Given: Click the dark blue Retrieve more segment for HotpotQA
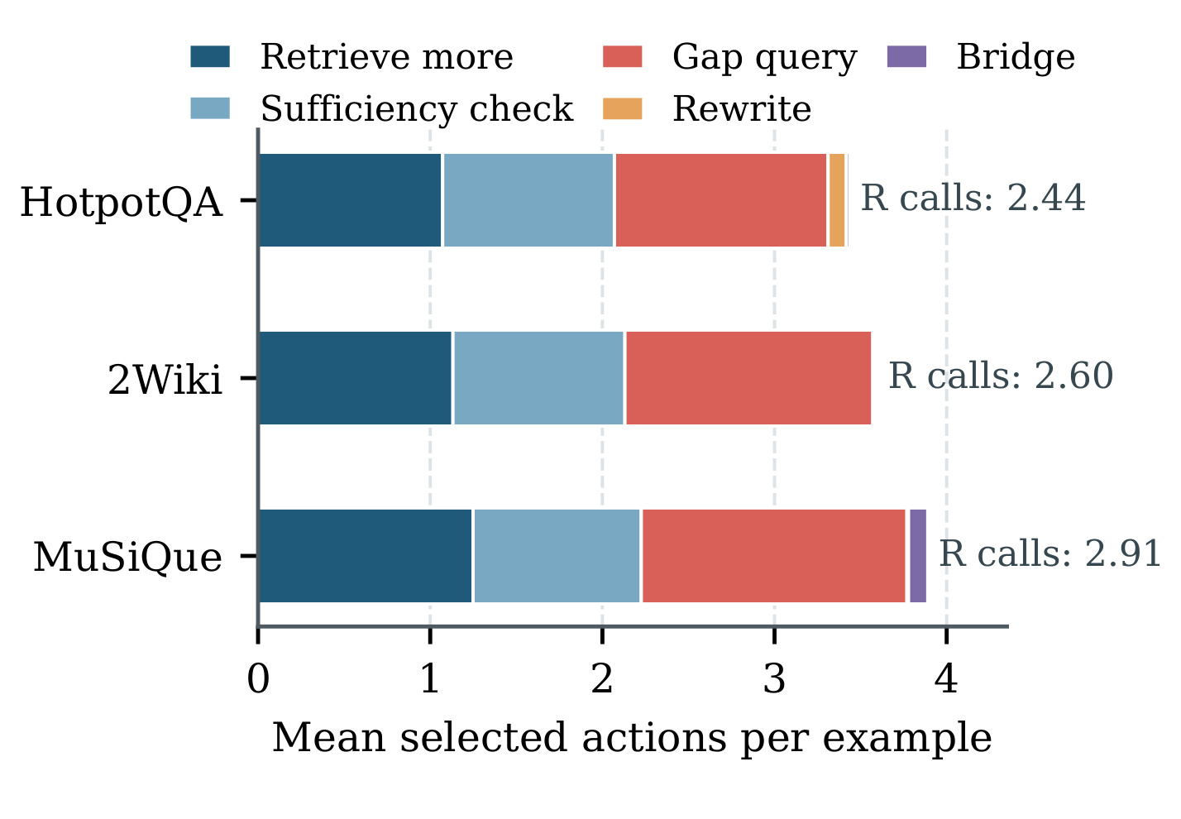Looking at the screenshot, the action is pos(350,200).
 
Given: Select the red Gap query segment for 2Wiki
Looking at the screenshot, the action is pos(748,377).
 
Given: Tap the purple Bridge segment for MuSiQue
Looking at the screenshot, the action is pos(918,556).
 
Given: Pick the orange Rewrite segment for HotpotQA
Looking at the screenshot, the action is pos(837,200).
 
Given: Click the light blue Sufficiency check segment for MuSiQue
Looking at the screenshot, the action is pos(557,556).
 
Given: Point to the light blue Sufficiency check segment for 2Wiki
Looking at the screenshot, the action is pos(538,377).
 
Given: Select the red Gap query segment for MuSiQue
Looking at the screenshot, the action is pos(774,556).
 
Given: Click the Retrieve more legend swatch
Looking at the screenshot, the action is pos(210,56).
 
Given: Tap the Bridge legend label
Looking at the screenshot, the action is pos(1016,57).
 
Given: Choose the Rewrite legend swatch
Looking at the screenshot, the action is pos(622,108).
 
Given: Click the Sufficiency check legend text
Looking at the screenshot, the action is pos(417,108).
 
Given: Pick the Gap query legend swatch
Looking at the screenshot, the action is pos(622,56).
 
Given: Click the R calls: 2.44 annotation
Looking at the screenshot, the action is pos(973,199).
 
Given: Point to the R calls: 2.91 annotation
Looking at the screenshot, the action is pos(1050,554).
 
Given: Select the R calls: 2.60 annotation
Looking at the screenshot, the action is pos(1001,376).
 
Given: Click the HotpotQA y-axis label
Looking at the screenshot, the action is pos(121,203).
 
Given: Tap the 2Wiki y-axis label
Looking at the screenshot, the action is pos(165,381).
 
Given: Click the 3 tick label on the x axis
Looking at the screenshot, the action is pos(774,679).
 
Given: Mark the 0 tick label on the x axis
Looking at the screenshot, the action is pos(258,679).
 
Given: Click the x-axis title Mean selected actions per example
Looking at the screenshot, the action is pos(632,738).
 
